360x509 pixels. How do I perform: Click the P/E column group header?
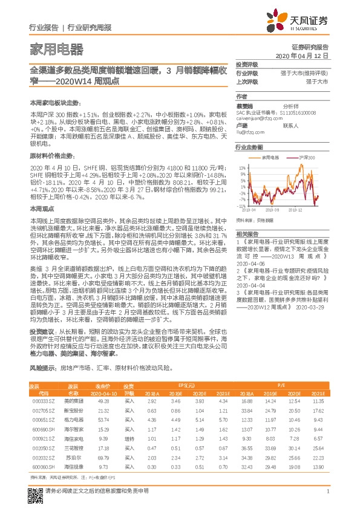point(282,385)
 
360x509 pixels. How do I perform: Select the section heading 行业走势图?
point(249,147)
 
